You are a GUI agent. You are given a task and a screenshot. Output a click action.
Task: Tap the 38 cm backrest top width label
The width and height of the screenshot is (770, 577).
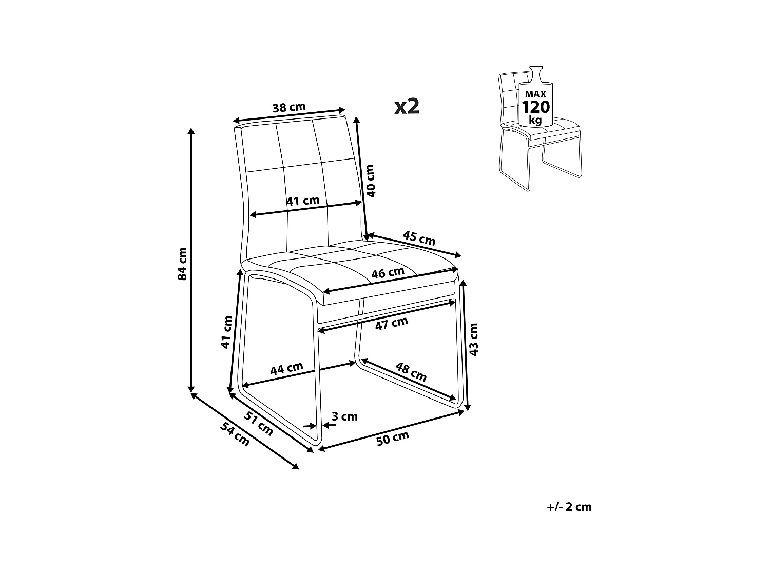(x=288, y=108)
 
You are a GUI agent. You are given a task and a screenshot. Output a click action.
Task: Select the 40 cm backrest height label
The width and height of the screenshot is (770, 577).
(x=372, y=181)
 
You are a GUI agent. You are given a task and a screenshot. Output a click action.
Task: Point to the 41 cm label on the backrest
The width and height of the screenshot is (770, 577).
(x=303, y=201)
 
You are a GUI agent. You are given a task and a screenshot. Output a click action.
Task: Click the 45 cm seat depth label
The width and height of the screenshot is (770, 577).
(x=419, y=238)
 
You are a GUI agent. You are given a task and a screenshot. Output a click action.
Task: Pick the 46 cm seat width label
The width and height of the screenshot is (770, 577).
(x=388, y=273)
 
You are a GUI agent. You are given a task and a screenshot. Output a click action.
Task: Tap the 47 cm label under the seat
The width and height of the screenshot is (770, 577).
(x=391, y=323)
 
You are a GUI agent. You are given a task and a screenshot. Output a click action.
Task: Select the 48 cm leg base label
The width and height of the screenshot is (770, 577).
(x=411, y=372)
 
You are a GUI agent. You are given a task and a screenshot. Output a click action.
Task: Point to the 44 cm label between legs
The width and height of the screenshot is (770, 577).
(x=287, y=368)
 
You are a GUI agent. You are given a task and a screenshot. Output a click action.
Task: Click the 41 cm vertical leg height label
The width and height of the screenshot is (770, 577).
(x=226, y=332)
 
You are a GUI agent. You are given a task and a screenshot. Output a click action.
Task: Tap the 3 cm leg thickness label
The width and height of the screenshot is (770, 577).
(x=344, y=416)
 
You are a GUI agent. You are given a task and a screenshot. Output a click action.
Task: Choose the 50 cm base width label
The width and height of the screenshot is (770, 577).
(x=393, y=439)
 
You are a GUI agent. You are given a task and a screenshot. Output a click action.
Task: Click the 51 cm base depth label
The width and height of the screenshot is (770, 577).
(x=258, y=424)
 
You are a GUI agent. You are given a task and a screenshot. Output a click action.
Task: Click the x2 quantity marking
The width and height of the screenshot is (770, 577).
(x=407, y=106)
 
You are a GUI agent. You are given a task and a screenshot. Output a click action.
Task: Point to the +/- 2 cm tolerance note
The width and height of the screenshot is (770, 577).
(x=569, y=507)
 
